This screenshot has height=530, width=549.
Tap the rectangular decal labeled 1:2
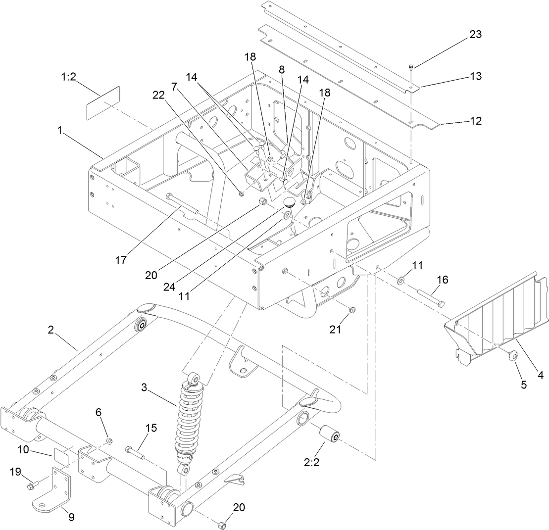[x=103, y=102]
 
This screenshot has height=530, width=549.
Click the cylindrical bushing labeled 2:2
[x=328, y=434]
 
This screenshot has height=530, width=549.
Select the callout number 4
[x=540, y=376]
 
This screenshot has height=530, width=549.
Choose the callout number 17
[x=121, y=260]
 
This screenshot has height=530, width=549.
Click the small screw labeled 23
[x=411, y=68]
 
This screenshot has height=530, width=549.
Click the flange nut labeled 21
[x=352, y=310]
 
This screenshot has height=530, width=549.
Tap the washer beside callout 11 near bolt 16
[x=400, y=281]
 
